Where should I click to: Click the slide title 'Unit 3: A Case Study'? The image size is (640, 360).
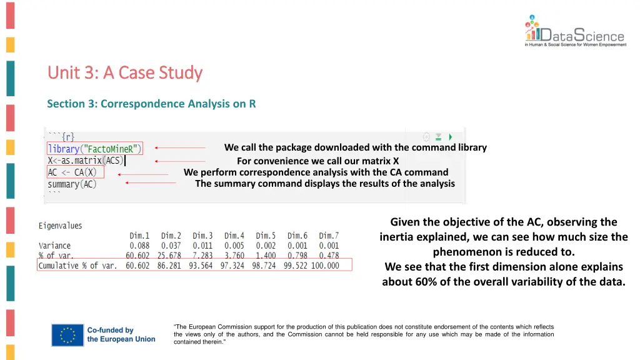[x=125, y=73]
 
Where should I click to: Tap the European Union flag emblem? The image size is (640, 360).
[x=67, y=334]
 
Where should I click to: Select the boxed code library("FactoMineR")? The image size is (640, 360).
[x=94, y=149]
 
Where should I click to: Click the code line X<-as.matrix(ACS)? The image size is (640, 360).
[x=85, y=161]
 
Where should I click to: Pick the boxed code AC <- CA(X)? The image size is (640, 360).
[x=72, y=172]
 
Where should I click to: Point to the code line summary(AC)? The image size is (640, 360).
[x=72, y=184]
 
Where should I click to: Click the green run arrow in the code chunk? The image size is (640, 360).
[x=451, y=137]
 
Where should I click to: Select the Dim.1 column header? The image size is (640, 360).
[x=139, y=236]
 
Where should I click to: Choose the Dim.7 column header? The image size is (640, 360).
[x=329, y=236]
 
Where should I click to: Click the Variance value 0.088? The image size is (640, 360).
[x=139, y=246]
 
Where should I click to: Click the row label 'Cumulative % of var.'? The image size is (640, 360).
[x=77, y=266]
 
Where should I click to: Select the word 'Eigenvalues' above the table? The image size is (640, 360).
[x=60, y=226]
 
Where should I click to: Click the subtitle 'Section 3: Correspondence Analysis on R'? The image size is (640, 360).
[x=151, y=104]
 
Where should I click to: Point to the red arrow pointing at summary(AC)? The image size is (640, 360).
[x=151, y=183]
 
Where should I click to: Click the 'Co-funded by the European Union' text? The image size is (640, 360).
[x=121, y=334]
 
